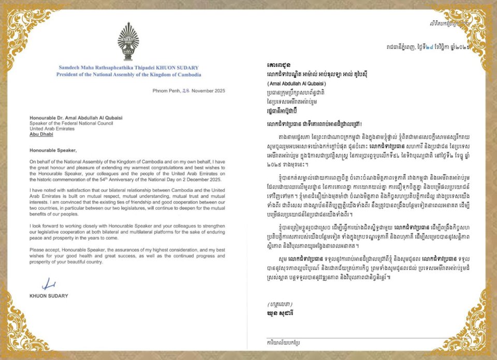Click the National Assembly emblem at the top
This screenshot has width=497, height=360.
pos(128,42)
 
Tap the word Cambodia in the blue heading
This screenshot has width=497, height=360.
pos(186,75)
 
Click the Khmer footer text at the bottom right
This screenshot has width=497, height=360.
pos(284,343)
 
